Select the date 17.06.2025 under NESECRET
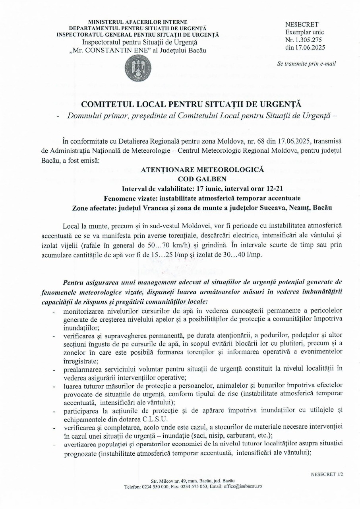point(310,47)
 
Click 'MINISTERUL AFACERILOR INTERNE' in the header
point(138,22)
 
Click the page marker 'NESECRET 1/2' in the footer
point(327,474)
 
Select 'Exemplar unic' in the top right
point(305,32)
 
